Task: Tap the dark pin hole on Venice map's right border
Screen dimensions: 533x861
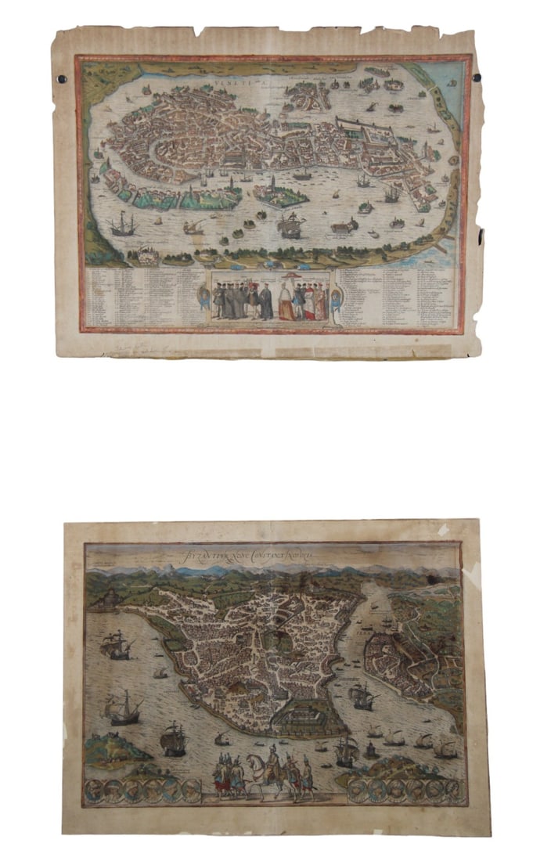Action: click(477, 77)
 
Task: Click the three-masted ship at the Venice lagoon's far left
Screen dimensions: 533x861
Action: click(121, 225)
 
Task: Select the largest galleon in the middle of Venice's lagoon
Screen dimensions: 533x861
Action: click(290, 226)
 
